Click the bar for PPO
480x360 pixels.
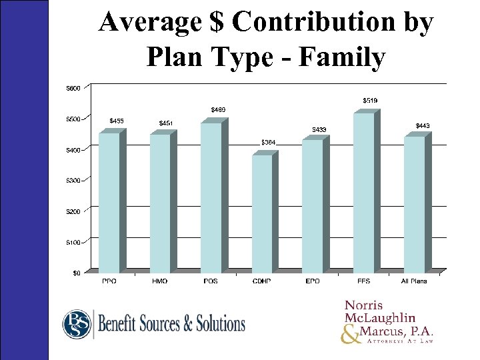pos(109,200)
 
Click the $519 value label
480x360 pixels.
pos(370,100)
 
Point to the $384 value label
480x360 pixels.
pos(268,142)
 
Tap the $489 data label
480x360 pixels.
pos(218,109)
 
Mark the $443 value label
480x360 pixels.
pos(423,125)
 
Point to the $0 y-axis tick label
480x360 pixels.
pos(77,273)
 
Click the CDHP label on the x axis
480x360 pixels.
pos(261,281)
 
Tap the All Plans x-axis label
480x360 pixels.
pos(413,281)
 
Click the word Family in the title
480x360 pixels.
pos(342,58)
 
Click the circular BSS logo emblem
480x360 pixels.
pos(77,325)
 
